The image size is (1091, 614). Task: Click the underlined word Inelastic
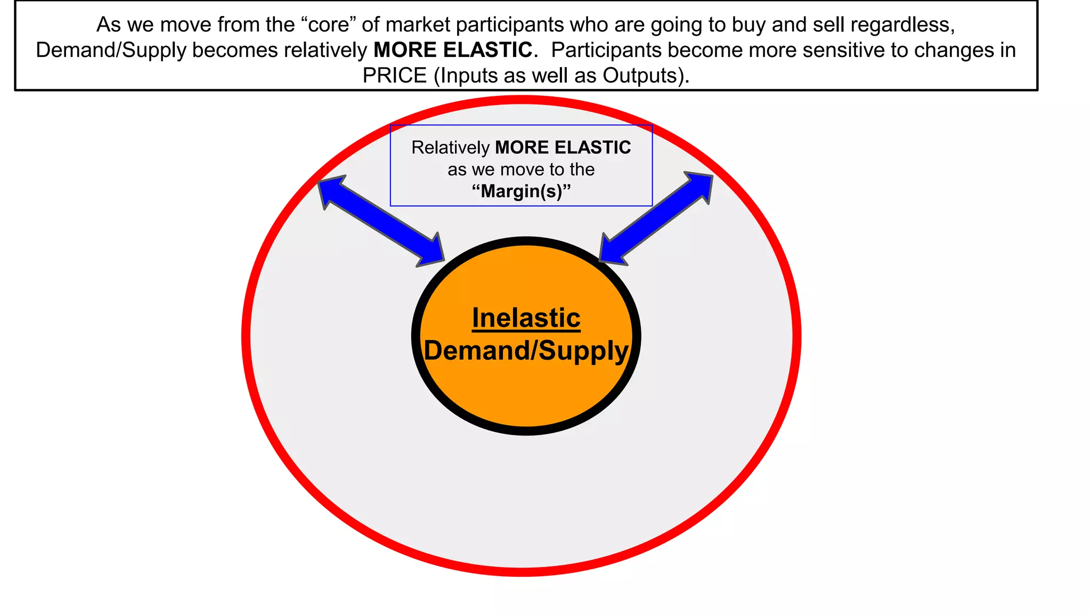526,318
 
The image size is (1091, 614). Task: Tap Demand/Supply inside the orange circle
526,351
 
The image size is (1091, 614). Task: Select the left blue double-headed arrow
381,221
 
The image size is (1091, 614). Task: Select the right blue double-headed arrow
656,218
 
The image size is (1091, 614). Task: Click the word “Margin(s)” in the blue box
521,191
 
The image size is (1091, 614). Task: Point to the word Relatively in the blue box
450,148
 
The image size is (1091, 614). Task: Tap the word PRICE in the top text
395,76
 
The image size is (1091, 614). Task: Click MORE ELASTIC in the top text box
453,50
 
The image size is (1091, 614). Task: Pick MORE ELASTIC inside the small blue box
563,148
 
